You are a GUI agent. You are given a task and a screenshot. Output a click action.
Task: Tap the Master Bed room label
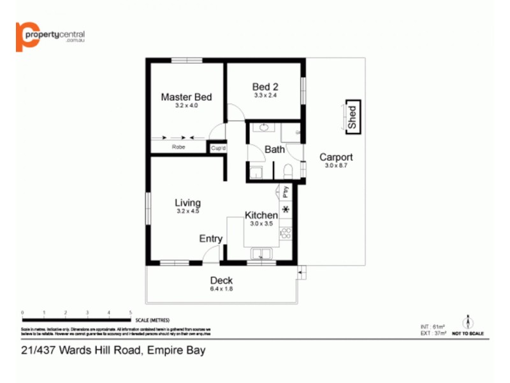tap(186, 97)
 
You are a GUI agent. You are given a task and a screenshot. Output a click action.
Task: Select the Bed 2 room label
tap(265, 87)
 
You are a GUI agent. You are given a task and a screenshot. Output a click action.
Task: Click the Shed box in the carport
tap(352, 117)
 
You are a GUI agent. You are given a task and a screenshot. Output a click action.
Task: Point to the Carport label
tap(336, 157)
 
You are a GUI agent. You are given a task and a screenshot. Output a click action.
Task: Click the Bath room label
tap(275, 150)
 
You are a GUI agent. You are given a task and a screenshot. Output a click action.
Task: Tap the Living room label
tap(187, 203)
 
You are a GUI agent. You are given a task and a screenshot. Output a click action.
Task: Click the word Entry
tap(211, 239)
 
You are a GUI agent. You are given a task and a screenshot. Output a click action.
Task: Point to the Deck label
tap(221, 280)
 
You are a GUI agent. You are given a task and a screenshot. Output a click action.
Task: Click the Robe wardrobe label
tap(178, 147)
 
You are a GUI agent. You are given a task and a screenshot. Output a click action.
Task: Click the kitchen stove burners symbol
tap(286, 234)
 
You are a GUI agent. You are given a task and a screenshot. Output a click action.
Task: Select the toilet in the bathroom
tap(288, 171)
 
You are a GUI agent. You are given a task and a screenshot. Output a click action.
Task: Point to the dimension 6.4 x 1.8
tap(221, 289)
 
